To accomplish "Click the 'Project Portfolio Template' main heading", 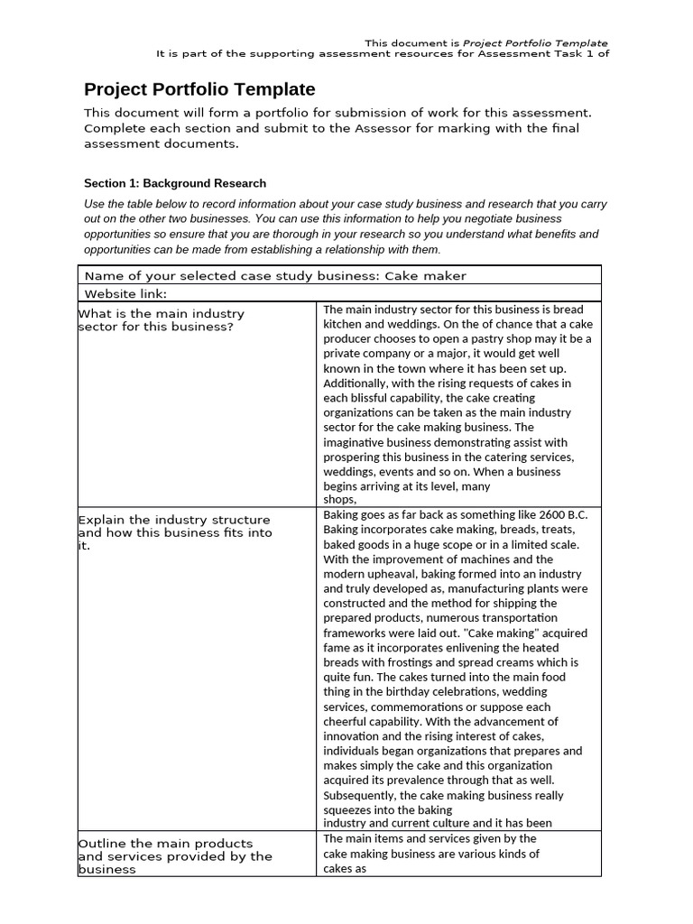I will tap(199, 89).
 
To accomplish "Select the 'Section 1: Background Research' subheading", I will tap(175, 183).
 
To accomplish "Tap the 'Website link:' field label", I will tap(125, 293).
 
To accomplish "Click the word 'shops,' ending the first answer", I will tap(340, 499).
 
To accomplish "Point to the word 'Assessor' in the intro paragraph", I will tap(398, 128).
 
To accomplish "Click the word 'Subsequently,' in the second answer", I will tap(358, 795).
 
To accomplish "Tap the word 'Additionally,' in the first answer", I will tap(357, 383).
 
